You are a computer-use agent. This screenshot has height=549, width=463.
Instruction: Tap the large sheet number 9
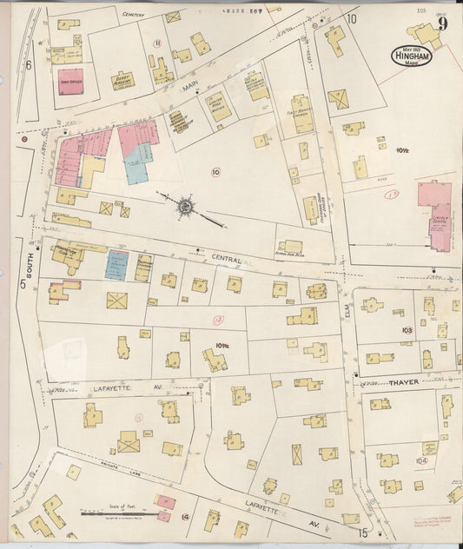[442, 23]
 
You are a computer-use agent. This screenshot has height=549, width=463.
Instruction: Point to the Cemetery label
[133, 15]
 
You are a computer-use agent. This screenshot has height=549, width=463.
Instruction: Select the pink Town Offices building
[70, 78]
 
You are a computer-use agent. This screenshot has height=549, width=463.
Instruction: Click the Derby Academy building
[122, 80]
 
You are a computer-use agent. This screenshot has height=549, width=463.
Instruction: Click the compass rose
[186, 206]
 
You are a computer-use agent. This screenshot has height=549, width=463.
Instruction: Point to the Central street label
[228, 257]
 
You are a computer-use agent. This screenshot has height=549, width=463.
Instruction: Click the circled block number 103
[406, 330]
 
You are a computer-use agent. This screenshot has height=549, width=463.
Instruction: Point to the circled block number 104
[423, 460]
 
